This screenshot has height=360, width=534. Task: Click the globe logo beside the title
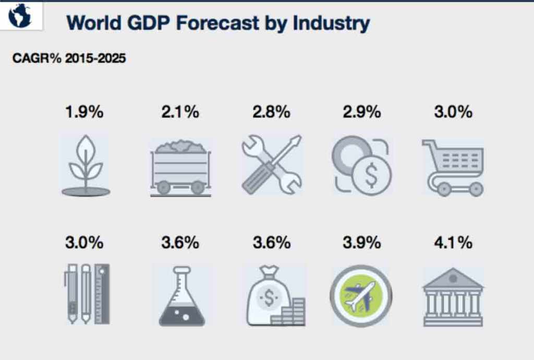click(20, 16)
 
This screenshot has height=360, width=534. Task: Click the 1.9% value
click(84, 112)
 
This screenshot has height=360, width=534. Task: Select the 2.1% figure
click(180, 112)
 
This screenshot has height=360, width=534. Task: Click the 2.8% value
click(271, 112)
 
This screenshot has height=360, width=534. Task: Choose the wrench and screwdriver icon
click(272, 164)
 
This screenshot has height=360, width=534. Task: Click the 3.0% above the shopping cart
click(453, 112)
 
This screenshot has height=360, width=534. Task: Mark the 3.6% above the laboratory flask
click(180, 243)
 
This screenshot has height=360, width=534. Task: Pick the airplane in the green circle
click(361, 295)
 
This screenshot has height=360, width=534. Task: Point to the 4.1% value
click(453, 243)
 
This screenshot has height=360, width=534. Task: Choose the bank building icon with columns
click(453, 297)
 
